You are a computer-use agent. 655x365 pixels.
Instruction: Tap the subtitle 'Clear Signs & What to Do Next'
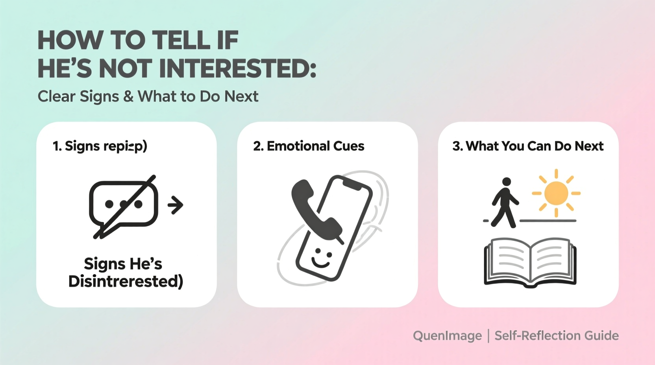click(148, 96)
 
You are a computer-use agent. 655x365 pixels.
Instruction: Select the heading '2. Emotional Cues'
click(309, 146)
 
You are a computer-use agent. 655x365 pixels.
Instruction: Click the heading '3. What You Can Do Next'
click(528, 146)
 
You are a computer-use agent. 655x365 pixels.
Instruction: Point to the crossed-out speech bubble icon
click(124, 205)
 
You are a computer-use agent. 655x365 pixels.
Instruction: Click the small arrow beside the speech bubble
click(176, 205)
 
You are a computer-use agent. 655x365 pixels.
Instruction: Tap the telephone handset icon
click(315, 209)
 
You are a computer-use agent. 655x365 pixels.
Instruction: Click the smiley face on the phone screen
click(322, 258)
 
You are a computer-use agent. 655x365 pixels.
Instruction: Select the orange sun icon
click(556, 193)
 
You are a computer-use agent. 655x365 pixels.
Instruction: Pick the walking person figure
click(505, 203)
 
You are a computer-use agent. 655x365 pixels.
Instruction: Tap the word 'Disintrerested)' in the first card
click(126, 282)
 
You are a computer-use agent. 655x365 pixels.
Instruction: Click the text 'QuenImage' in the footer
click(447, 336)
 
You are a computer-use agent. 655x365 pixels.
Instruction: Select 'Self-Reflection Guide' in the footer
click(557, 336)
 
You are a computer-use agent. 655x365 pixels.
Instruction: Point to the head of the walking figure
click(507, 182)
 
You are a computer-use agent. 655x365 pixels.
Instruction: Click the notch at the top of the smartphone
click(352, 184)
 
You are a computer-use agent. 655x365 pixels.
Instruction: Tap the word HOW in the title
click(69, 41)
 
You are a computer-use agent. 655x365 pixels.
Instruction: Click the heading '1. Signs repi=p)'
click(100, 146)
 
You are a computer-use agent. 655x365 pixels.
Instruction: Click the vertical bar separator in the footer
click(488, 336)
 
